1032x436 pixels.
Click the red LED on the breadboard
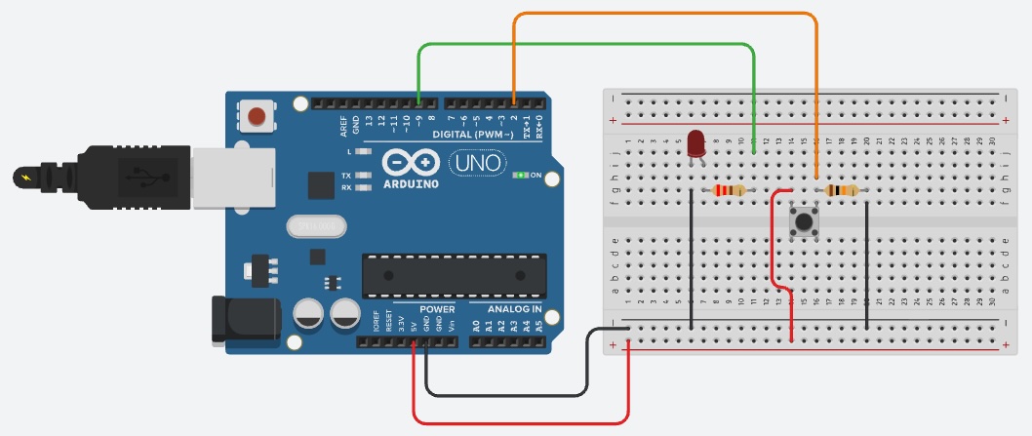click(696, 143)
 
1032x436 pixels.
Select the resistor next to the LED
click(729, 190)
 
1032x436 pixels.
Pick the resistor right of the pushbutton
click(842, 191)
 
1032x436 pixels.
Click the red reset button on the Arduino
click(257, 117)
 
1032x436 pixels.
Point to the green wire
click(585, 45)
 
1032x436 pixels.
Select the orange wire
click(663, 14)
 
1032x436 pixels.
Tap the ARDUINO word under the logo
click(411, 183)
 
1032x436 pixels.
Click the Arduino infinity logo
click(410, 162)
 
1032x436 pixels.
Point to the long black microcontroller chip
click(454, 275)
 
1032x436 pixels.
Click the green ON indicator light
click(522, 176)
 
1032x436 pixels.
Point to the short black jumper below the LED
click(692, 258)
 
